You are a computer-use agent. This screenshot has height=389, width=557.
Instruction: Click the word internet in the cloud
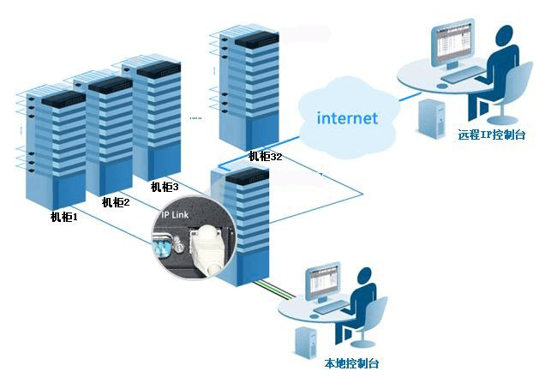point(347,118)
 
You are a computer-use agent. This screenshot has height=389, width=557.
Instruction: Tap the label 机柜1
point(64,216)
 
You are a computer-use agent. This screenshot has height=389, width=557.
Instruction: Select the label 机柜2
point(116,202)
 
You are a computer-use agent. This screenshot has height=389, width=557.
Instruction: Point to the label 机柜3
point(165,187)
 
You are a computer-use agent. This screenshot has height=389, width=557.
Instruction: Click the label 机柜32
point(265,156)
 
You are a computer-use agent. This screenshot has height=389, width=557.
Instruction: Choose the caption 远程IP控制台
point(491,135)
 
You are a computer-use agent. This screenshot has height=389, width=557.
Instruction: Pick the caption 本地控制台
point(351,363)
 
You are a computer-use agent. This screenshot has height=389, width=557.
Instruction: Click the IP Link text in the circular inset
point(175,214)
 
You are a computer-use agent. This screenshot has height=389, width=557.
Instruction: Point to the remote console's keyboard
point(463,75)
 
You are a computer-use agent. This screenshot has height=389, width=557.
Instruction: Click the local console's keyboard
point(331,307)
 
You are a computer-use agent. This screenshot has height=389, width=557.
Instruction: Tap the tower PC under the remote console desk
point(432,118)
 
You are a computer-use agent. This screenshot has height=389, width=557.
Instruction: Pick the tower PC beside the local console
point(306,343)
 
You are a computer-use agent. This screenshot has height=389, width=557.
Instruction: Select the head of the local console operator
point(363,277)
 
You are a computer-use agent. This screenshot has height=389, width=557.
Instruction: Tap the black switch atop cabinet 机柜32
point(257,39)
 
